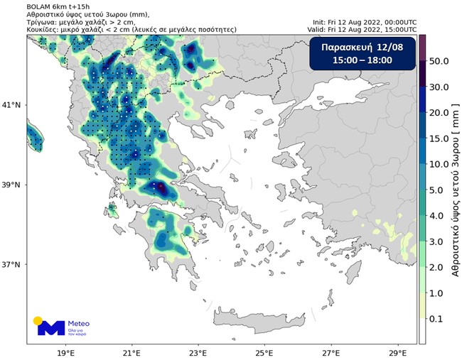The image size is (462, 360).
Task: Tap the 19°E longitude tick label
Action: click(65, 351)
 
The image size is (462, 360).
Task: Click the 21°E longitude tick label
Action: click(131, 351)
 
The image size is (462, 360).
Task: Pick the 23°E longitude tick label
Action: click(198, 351)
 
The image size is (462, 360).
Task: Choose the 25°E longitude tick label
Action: click(264, 351)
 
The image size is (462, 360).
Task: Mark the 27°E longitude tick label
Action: click(331, 351)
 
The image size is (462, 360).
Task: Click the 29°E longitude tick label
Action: click(397, 351)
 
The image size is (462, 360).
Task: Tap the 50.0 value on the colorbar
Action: click(441, 62)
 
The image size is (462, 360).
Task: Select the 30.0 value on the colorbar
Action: click(441, 87)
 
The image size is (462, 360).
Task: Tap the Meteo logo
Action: click(68, 327)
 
